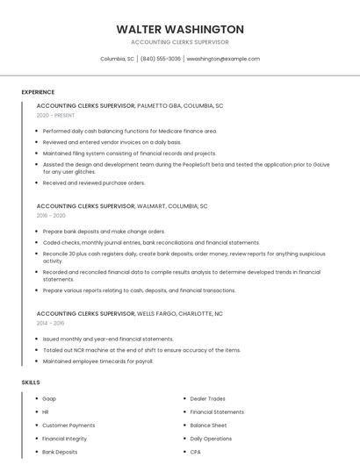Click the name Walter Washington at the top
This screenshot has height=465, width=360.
click(179, 29)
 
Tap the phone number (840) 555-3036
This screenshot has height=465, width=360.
click(160, 59)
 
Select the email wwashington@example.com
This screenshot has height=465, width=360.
click(223, 59)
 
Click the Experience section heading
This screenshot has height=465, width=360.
click(38, 92)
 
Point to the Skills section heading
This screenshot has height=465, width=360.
click(31, 383)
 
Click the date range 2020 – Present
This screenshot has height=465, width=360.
click(55, 115)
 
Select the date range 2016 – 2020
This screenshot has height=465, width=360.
click(51, 215)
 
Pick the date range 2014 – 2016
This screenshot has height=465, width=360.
click(50, 323)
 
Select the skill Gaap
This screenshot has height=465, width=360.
click(49, 398)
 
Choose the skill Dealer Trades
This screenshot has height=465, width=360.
click(207, 398)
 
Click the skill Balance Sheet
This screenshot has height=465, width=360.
click(208, 425)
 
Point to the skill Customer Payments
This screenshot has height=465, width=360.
click(68, 425)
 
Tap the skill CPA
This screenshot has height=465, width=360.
click(196, 452)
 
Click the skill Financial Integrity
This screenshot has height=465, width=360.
click(65, 438)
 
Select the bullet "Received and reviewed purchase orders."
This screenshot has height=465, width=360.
click(94, 182)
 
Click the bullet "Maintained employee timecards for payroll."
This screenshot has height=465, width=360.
click(97, 361)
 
